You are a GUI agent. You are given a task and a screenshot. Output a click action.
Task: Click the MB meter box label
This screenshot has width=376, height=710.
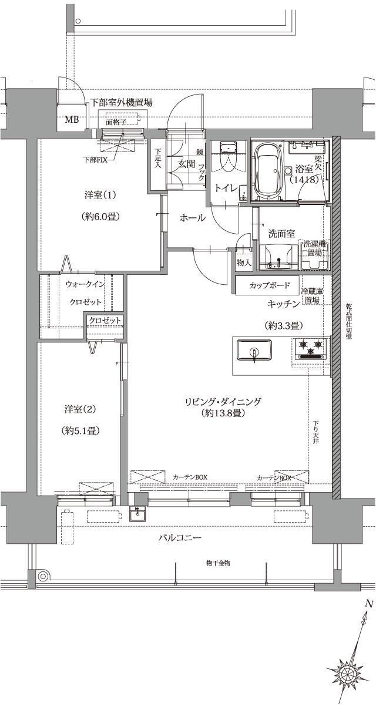[x=71, y=120]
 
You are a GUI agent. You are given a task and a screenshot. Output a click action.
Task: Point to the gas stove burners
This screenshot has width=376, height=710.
[x=309, y=348]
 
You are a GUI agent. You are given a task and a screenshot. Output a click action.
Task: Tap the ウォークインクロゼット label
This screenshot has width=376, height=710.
[x=86, y=293]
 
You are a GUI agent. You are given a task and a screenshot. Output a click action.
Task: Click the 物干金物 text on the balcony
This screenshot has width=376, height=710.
[x=218, y=562]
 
